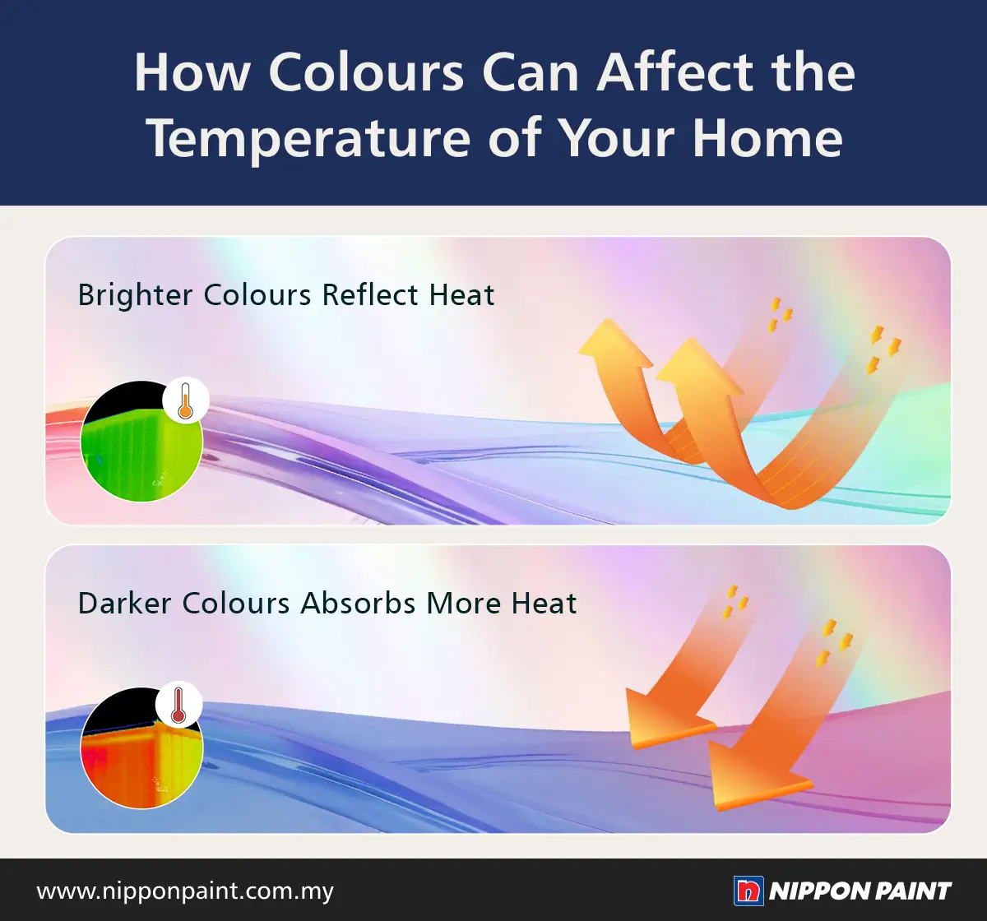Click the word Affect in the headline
(x=675, y=72)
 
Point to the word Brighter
(x=135, y=295)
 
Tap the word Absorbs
(x=358, y=604)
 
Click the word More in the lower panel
(x=464, y=604)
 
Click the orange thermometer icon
(x=186, y=400)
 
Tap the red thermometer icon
(x=178, y=704)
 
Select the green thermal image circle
(x=141, y=441)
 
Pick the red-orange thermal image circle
(x=141, y=747)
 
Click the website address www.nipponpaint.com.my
(x=185, y=891)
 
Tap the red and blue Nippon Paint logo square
(x=748, y=891)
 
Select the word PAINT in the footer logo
(x=912, y=891)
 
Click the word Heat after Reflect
(x=461, y=294)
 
